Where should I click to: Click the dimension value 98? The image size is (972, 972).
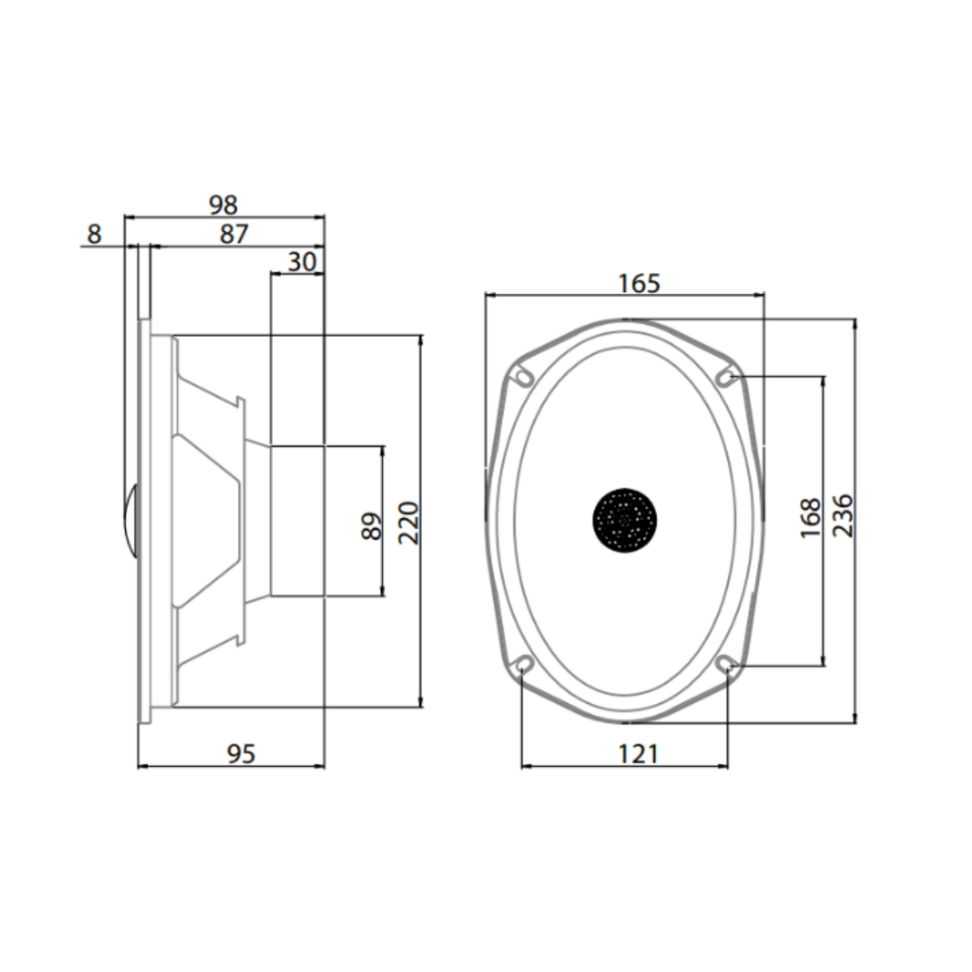point(223,205)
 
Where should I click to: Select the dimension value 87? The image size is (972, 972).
point(234,234)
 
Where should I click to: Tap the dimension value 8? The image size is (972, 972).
point(94,235)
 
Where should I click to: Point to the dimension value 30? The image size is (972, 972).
point(302,262)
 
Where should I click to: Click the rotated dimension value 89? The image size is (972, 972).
point(372,527)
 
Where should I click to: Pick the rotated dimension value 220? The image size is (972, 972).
point(409,523)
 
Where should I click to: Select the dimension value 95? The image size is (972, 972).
point(241,753)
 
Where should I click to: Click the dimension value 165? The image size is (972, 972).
point(639,283)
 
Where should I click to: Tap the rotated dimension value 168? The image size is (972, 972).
point(811,518)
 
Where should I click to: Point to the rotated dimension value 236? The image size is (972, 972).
point(844,516)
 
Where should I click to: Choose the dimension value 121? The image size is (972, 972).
point(638,753)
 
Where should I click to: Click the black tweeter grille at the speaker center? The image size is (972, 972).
point(625,520)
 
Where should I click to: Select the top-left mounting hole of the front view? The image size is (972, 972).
point(524,376)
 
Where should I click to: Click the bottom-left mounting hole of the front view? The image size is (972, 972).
point(524,663)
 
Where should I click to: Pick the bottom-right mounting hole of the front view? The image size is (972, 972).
point(726,663)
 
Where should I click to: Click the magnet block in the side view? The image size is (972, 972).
point(297,520)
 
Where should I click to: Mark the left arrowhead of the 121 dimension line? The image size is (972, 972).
point(525,767)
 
